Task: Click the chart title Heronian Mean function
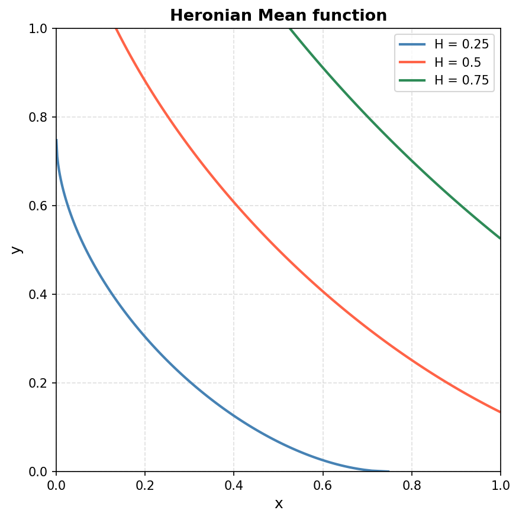pos(278,16)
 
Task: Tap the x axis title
pos(279,504)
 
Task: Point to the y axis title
pos(17,249)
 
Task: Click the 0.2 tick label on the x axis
pos(145,485)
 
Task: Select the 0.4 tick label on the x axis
pos(234,485)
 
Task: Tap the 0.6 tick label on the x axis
pos(323,485)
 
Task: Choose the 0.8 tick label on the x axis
pos(412,485)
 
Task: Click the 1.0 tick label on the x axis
pos(500,485)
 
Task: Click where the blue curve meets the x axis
pos(389,471)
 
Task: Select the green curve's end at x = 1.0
pos(500,238)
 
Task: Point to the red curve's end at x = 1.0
pos(500,412)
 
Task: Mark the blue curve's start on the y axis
pos(57,140)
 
